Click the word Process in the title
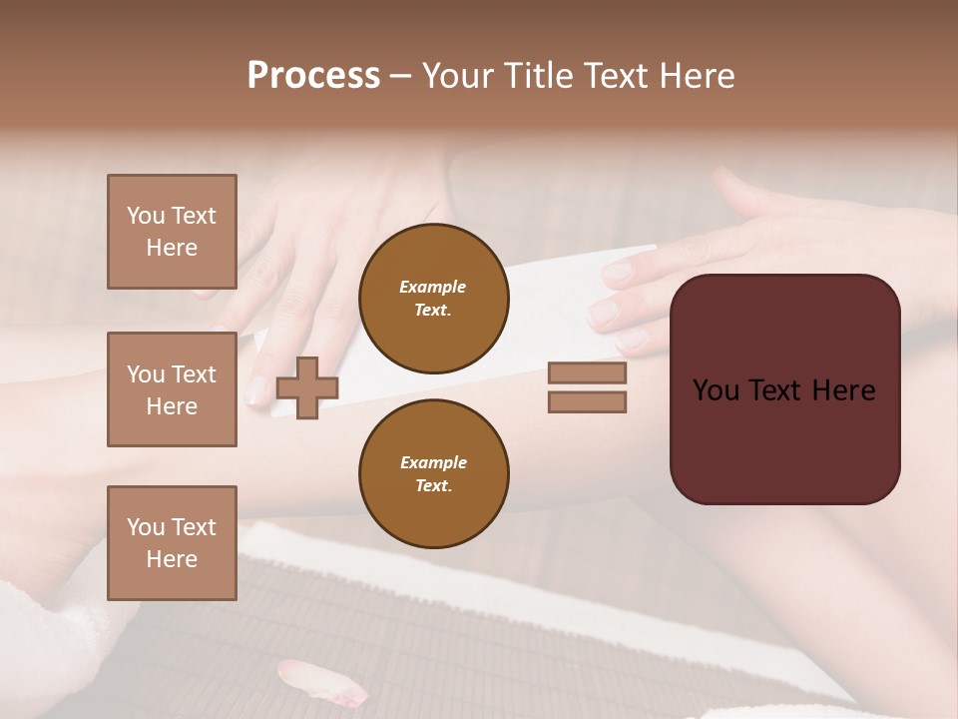313,76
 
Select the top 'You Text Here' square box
172,232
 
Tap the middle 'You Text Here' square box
172,389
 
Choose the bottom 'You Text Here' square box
172,543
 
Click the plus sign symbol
306,387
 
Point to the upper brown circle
433,298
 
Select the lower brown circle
433,473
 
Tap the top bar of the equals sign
587,373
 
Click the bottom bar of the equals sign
587,401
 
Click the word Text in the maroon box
777,390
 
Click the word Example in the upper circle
433,287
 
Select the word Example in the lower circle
433,462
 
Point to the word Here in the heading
695,76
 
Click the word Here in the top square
172,248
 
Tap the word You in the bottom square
145,526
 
